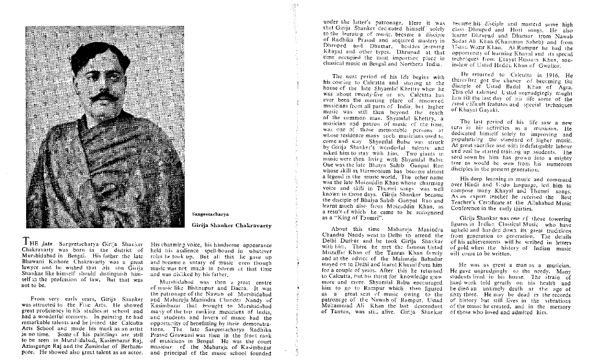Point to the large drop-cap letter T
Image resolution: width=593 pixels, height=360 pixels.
[x=26, y=242]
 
